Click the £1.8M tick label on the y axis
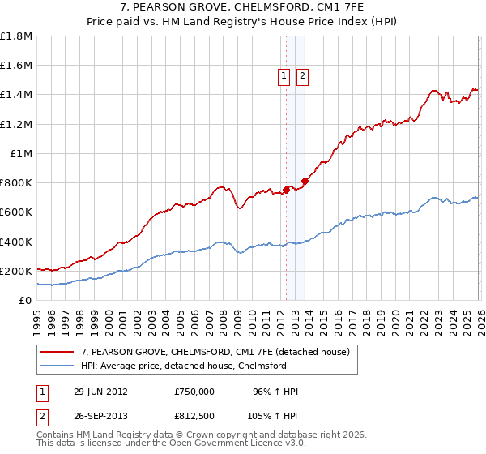coord(16,36)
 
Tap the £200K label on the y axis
coord(16,271)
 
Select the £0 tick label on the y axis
coord(26,300)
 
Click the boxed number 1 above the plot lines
coord(285,77)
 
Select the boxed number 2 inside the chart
coord(302,77)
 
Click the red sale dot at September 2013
coord(305,181)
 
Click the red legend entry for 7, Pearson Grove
coord(215,353)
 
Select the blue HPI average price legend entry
coord(183,366)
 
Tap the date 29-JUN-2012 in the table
coord(100,392)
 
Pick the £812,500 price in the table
coord(194,415)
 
